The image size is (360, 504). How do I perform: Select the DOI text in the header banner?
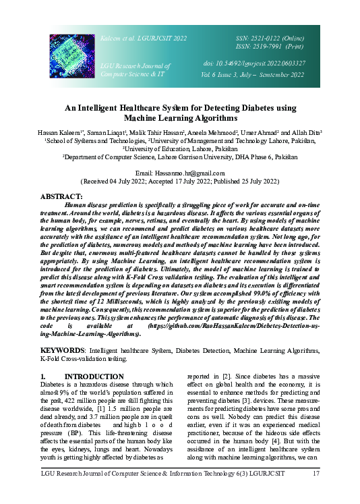(x=254, y=63)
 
